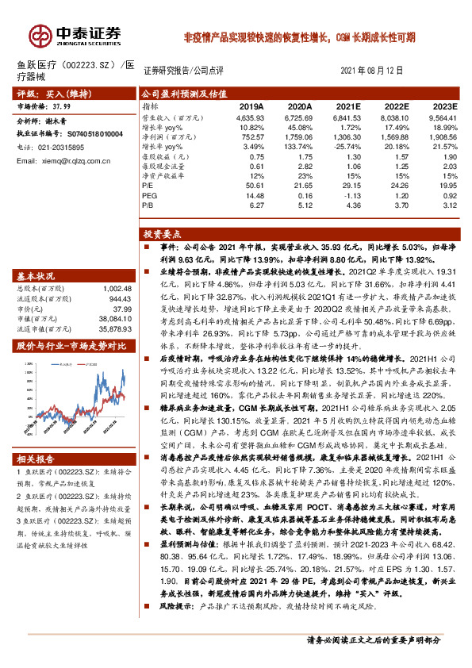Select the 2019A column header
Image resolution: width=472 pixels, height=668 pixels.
point(251,106)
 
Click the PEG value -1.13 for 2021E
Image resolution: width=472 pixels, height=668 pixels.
point(351,196)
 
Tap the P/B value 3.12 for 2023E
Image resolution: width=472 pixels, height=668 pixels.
point(448,206)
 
